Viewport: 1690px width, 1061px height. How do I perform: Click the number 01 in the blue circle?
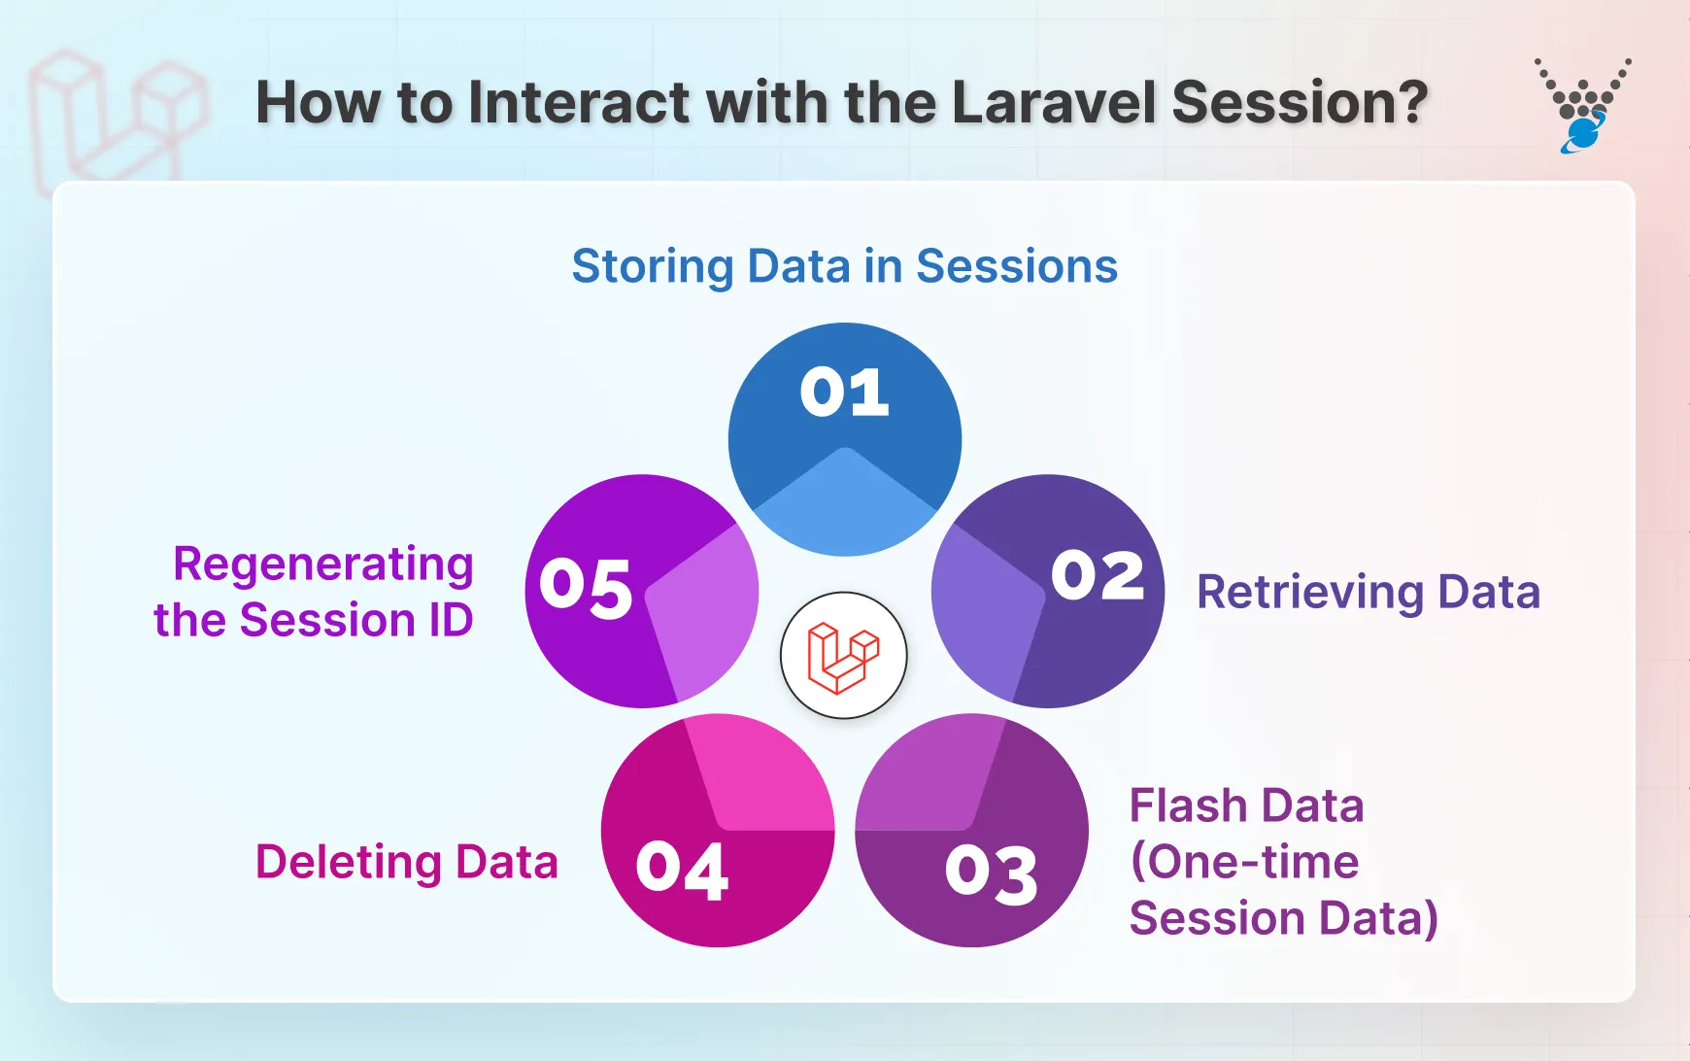(844, 393)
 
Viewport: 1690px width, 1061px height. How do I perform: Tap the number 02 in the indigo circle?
(1098, 575)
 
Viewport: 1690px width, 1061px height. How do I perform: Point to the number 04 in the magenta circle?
(682, 870)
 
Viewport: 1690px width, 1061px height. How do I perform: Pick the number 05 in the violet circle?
(586, 587)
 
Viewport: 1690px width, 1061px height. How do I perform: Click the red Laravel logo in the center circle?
(843, 656)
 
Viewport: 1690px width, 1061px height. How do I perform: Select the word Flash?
(1188, 806)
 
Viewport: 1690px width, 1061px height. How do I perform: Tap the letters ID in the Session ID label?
(451, 621)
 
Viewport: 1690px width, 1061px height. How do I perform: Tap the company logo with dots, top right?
(1582, 105)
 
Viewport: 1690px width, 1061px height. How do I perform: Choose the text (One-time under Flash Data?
(1244, 863)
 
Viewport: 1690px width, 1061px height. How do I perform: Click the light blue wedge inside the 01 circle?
(845, 510)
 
